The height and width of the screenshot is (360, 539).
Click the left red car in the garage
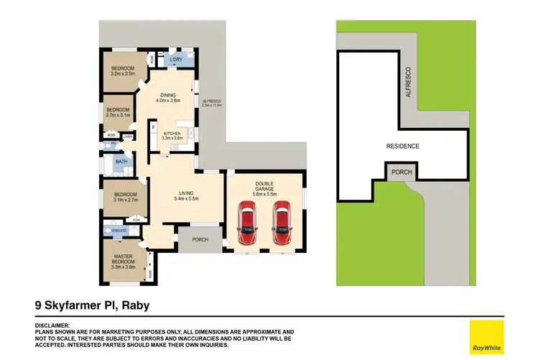(x=247, y=221)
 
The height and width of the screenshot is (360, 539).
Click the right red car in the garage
(x=280, y=221)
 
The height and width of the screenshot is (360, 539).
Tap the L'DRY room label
(x=176, y=60)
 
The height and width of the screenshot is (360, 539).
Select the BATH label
(x=121, y=162)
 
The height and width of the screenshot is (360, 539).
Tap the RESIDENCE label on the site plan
(x=402, y=146)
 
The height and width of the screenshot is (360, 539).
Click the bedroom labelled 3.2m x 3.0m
(x=124, y=70)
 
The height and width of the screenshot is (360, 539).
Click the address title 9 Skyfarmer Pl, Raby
(x=92, y=305)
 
